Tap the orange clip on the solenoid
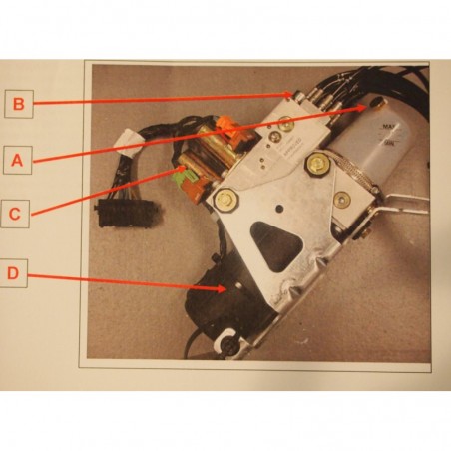tap(226, 127)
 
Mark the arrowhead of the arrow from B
tap(296, 96)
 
